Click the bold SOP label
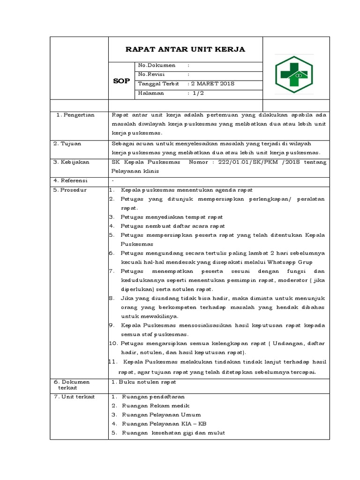click(121, 81)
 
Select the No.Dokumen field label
click(157, 66)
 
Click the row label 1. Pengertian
click(74, 115)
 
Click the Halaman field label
click(151, 93)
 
